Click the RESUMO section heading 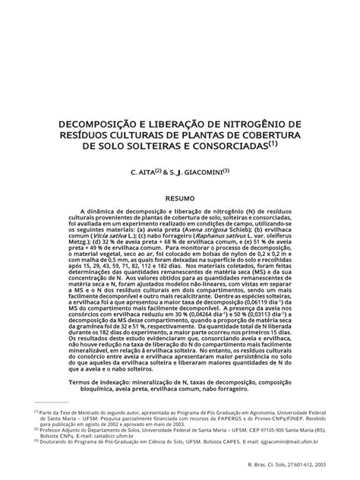coord(180,195)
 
